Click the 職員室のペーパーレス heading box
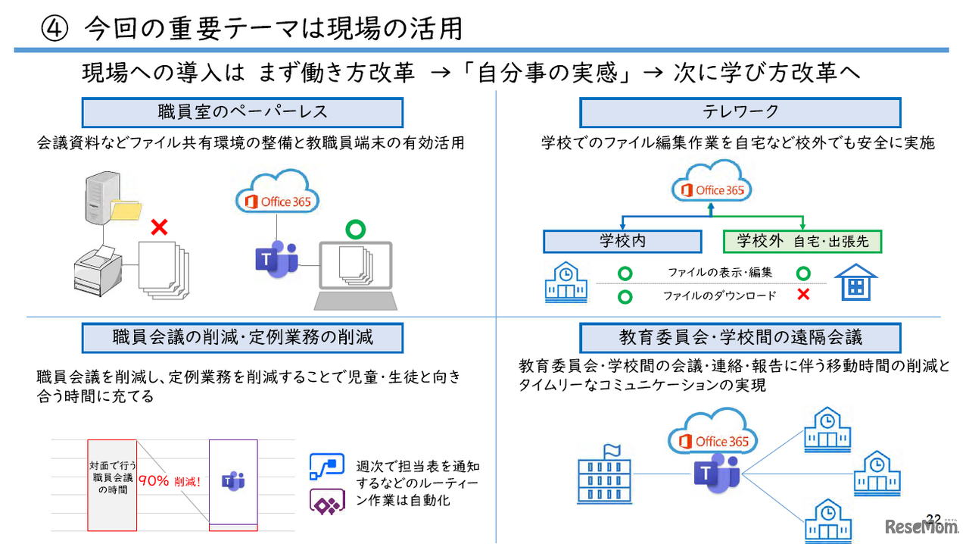tap(242, 112)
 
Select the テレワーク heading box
tap(740, 112)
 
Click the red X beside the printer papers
tap(159, 227)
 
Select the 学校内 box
tap(622, 242)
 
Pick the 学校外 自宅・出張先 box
tap(802, 242)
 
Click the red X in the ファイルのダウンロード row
tap(803, 295)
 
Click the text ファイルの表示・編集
tap(709, 273)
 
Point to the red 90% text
tap(154, 480)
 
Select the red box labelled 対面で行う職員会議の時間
tap(112, 484)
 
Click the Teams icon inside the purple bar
tap(232, 480)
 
